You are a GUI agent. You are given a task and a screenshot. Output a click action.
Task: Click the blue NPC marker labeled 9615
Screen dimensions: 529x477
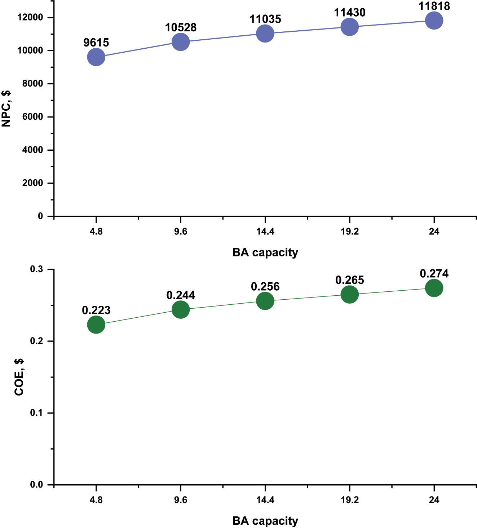click(x=96, y=57)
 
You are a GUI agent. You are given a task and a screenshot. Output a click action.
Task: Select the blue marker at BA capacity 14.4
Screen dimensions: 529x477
click(x=265, y=34)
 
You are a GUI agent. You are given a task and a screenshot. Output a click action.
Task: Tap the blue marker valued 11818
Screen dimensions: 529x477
click(x=434, y=21)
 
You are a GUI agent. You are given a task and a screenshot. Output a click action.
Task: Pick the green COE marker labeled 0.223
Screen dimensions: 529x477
click(x=96, y=325)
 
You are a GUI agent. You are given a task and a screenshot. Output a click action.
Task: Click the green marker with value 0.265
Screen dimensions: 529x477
click(x=349, y=295)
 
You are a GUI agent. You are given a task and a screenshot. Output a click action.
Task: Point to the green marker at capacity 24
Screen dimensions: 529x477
click(x=434, y=288)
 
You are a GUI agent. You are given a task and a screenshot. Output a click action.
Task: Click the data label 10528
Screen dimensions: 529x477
click(x=181, y=27)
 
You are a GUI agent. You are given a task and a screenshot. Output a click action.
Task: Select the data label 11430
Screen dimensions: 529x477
click(x=349, y=13)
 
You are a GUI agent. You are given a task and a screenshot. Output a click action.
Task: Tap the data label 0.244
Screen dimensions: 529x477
click(x=181, y=295)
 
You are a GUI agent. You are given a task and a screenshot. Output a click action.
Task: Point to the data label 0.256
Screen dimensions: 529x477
click(x=265, y=287)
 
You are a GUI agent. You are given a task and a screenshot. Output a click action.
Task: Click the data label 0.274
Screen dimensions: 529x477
click(x=434, y=274)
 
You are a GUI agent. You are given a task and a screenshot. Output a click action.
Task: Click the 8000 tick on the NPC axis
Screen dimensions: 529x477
click(x=33, y=84)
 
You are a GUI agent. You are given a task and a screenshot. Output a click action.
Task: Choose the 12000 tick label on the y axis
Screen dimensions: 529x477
click(x=30, y=17)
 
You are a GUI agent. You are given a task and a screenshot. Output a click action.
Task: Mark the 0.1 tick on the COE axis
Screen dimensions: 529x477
click(x=37, y=413)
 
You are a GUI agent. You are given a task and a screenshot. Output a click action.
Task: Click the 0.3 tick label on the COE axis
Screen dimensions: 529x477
click(x=37, y=269)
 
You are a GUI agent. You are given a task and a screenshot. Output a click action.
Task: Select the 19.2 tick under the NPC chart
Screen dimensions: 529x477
click(x=349, y=232)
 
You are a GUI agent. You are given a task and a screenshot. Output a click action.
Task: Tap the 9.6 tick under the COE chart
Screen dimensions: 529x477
click(x=181, y=500)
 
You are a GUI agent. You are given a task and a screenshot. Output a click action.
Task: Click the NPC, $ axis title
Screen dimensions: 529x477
click(x=6, y=108)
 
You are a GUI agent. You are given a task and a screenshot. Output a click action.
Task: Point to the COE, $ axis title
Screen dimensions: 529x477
click(x=19, y=377)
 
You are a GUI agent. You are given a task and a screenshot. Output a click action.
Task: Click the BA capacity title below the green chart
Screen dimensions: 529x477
click(x=265, y=521)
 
